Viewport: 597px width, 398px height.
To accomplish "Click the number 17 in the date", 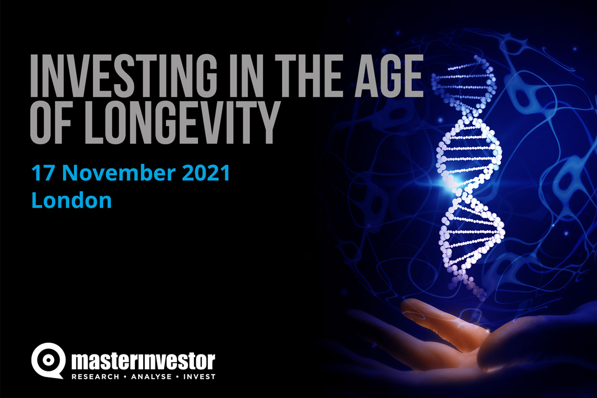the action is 44,173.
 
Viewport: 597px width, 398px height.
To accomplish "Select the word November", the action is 118,173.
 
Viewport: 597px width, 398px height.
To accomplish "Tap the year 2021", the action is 206,173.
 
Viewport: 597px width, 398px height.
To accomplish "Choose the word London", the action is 71,200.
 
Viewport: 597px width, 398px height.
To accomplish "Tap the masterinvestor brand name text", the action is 143,361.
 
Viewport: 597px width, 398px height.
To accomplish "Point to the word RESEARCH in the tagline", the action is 95,376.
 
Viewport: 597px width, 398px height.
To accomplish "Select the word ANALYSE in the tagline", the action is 151,376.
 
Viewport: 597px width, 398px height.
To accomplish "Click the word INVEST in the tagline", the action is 200,376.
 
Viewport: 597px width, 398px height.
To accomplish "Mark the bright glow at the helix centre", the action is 454,183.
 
